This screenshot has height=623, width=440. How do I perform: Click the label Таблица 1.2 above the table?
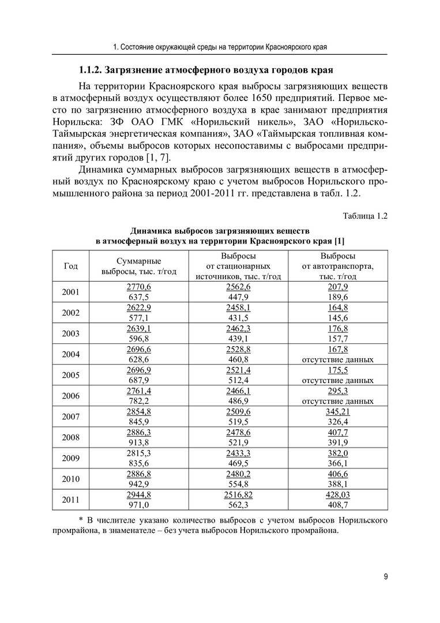point(364,216)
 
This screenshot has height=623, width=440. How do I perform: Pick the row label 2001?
point(70,292)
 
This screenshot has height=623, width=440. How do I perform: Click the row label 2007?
point(70,416)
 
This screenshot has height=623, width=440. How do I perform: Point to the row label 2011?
point(70,500)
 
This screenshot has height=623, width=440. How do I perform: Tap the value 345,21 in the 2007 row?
point(338,411)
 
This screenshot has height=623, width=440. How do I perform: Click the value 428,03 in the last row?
point(338,494)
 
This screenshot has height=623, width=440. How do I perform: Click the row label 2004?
point(70,354)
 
